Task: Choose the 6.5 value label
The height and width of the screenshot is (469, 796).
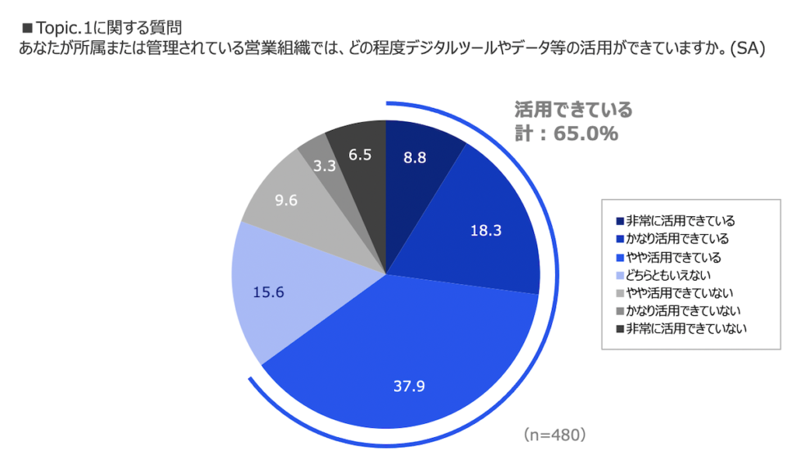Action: (x=358, y=155)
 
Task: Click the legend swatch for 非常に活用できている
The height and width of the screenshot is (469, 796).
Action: (x=620, y=221)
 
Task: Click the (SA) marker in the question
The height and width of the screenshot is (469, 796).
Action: (x=749, y=49)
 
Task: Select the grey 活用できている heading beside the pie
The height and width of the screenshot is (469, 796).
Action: (x=574, y=108)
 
